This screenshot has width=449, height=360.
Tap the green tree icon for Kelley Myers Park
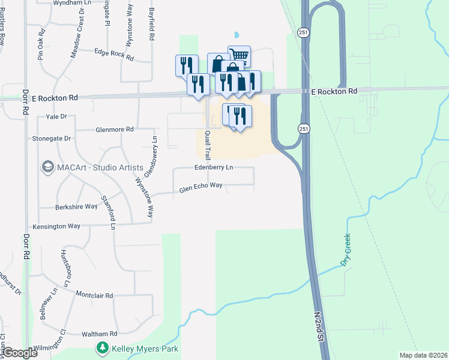[103, 348]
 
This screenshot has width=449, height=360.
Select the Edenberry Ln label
[213, 167]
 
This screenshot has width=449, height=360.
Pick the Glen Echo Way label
[201, 188]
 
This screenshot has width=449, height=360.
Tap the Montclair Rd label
[94, 295]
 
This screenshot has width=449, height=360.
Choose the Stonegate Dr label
[52, 138]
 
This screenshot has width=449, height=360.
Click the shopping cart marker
[239, 55]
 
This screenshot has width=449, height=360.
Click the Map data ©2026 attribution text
[423, 355]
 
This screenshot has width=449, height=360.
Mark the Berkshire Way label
[76, 206]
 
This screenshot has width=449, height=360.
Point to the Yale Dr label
[55, 116]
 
